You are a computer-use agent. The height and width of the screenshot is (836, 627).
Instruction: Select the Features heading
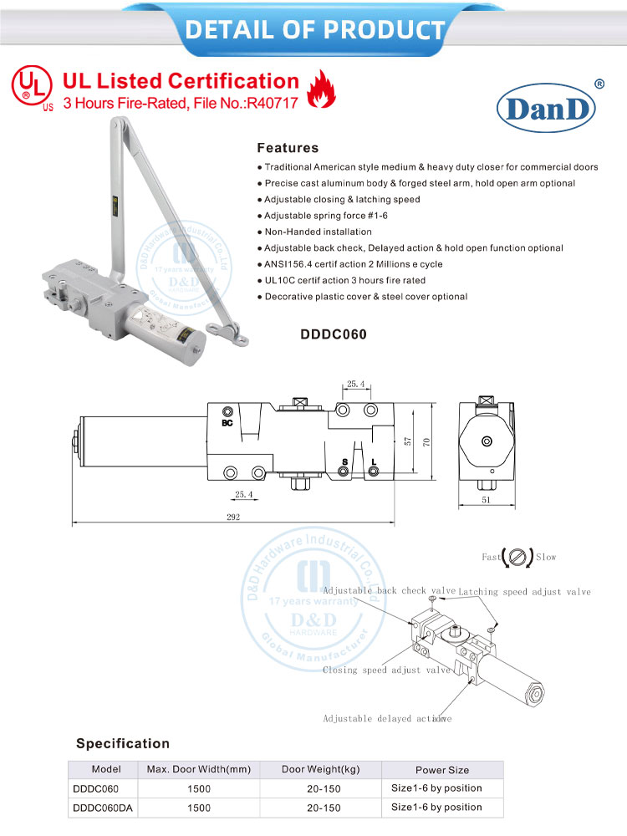coord(288,148)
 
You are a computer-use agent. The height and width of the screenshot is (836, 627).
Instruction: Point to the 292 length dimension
coord(232,517)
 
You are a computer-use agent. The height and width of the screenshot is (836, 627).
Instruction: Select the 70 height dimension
coord(426,442)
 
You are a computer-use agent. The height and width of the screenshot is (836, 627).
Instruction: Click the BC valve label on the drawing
coord(227,423)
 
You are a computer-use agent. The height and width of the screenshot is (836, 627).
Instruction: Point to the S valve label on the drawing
coord(344,462)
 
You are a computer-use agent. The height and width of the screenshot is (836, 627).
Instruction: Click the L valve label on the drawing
coord(373,462)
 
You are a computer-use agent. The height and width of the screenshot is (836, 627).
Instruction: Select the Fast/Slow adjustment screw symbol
coord(517,556)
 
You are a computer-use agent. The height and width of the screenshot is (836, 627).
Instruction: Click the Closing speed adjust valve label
coord(386,670)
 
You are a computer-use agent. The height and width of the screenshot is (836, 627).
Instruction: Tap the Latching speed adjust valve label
coord(524,592)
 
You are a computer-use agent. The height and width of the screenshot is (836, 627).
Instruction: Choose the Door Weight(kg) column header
coord(320,769)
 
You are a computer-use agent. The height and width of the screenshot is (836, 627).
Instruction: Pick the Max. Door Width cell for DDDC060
coord(198,788)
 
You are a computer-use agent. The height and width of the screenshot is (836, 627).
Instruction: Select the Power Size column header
coord(442,770)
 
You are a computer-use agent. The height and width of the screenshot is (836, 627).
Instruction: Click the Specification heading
coord(123,743)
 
